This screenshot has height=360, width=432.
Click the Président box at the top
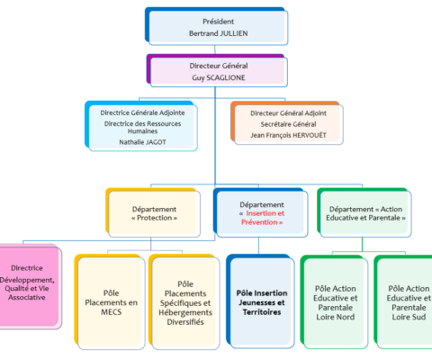click(x=216, y=26)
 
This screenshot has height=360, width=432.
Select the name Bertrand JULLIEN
click(x=219, y=33)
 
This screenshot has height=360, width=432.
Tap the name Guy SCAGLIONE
click(x=219, y=77)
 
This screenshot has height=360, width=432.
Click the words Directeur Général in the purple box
click(x=219, y=66)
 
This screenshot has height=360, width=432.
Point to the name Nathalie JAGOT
click(x=142, y=142)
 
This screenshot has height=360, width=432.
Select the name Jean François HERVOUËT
click(x=288, y=135)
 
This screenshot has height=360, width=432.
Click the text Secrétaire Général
click(x=288, y=124)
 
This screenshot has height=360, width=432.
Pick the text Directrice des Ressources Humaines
click(x=142, y=127)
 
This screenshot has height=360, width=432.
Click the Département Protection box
click(x=153, y=212)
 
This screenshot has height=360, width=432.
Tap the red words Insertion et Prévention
click(x=263, y=218)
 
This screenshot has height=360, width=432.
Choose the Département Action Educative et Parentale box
click(x=364, y=212)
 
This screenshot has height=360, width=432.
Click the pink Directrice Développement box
click(x=30, y=286)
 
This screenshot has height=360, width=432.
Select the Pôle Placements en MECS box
click(x=110, y=301)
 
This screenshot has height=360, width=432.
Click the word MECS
click(x=112, y=312)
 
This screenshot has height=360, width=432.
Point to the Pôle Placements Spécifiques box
click(x=184, y=301)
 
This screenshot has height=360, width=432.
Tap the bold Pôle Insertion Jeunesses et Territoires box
click(x=260, y=301)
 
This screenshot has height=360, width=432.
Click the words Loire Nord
click(x=336, y=317)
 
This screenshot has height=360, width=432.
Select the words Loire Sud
click(x=409, y=317)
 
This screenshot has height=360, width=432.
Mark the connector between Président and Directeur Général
click(x=215, y=49)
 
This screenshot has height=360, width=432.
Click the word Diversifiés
click(x=185, y=322)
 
